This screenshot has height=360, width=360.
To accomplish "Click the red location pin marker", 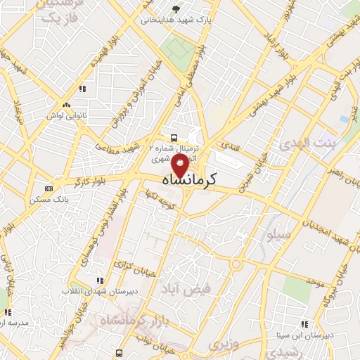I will pos(180,166).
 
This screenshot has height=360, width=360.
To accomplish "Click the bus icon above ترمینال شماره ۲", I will pos(174,138).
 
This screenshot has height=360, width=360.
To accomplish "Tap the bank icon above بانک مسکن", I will pos(49,188).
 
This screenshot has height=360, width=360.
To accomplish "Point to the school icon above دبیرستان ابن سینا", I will pos(304,323).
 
